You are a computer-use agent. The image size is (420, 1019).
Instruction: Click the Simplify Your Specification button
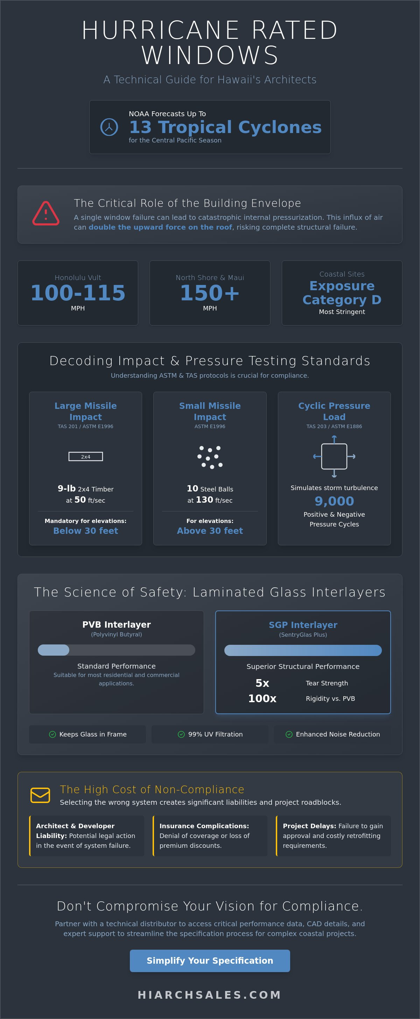tap(210, 961)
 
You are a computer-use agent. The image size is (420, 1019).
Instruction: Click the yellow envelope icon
tap(40, 795)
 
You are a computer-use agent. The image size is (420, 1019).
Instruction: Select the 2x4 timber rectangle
tap(85, 456)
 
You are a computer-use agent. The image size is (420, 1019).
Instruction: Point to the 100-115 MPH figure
tap(78, 293)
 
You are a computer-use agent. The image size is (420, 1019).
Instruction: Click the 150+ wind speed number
tap(210, 293)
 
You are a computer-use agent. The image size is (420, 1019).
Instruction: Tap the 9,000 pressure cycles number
tap(334, 501)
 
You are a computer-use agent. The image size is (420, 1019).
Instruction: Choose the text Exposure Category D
tap(342, 293)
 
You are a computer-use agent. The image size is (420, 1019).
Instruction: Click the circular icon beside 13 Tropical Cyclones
tap(109, 127)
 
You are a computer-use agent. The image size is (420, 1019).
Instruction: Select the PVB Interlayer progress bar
tap(116, 650)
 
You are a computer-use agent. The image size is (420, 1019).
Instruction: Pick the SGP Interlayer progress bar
tap(303, 650)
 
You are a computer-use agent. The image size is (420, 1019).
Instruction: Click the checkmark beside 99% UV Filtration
tap(181, 734)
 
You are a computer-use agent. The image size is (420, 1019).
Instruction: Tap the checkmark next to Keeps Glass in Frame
tap(52, 734)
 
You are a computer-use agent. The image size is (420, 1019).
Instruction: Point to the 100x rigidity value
tap(262, 698)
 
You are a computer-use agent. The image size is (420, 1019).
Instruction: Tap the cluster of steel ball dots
tap(210, 457)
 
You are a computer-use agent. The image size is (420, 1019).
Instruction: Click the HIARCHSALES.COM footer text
tap(210, 994)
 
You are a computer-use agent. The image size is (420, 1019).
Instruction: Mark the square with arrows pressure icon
tap(334, 456)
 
